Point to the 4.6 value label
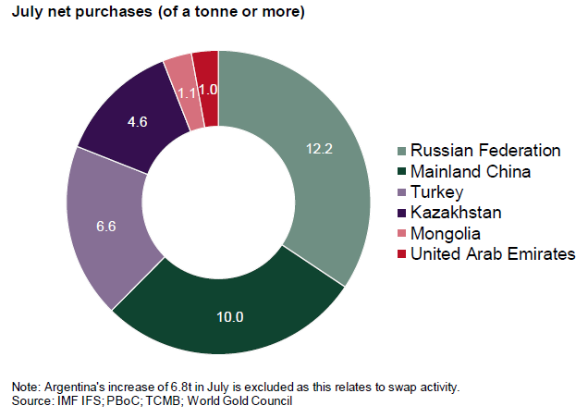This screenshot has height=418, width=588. (136, 119)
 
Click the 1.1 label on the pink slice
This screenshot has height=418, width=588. (187, 92)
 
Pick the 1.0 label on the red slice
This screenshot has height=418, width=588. (208, 90)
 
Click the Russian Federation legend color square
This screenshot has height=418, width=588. (400, 151)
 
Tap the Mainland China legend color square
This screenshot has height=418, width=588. (400, 171)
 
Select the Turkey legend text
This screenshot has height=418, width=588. (437, 192)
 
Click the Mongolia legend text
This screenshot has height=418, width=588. (446, 233)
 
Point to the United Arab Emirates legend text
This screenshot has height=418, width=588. (493, 253)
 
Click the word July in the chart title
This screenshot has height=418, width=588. (26, 14)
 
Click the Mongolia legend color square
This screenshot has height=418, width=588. (400, 233)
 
